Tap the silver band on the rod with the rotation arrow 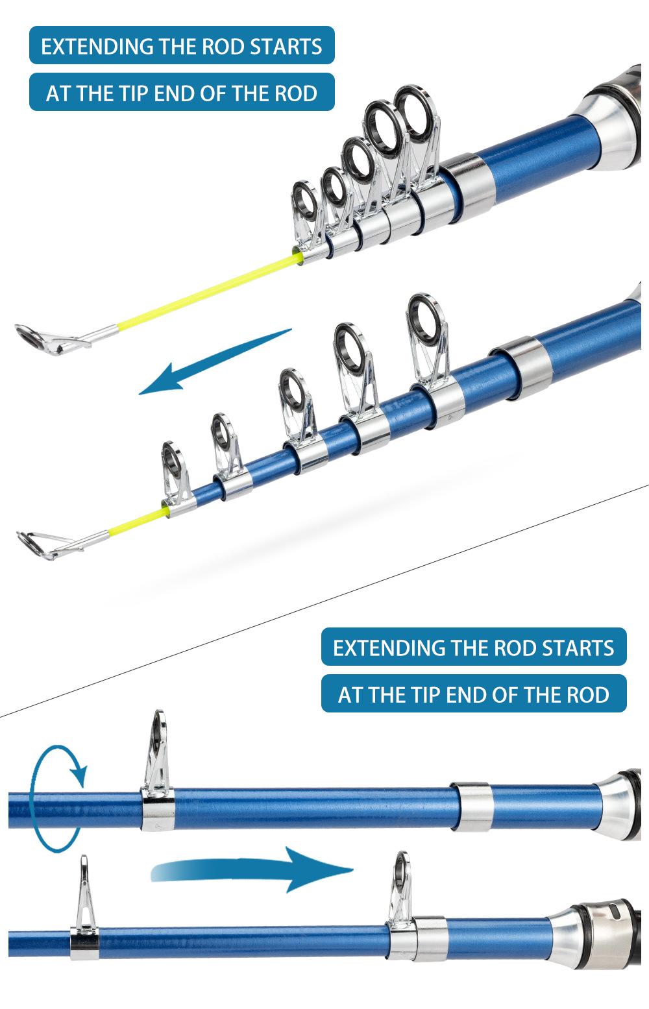[472, 807]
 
